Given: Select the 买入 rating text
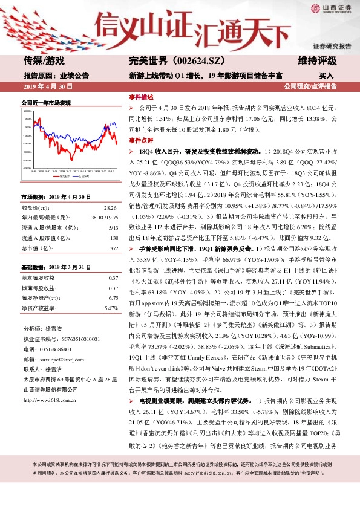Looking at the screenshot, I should coord(327,76).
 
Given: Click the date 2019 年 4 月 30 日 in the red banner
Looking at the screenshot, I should coord(47,87).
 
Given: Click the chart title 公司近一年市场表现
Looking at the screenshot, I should coord(46,103).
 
